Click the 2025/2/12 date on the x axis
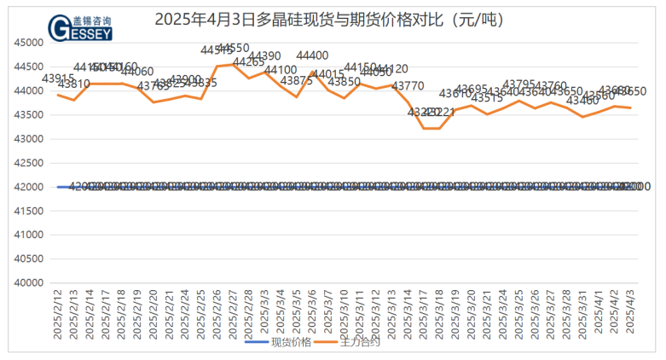[58, 315]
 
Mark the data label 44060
[137, 72]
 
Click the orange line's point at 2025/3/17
[424, 128]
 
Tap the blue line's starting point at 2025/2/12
[58, 187]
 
